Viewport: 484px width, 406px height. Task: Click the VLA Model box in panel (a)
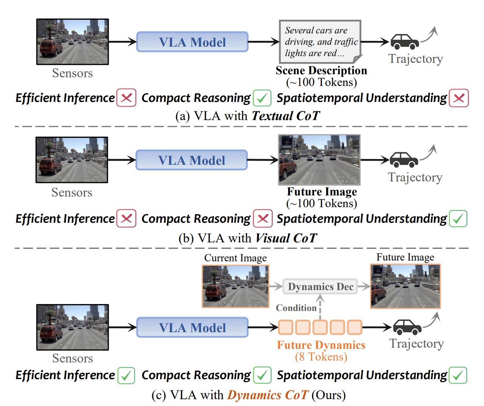(x=192, y=42)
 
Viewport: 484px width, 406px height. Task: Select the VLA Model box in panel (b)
(x=191, y=160)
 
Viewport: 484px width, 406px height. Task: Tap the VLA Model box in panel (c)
(x=192, y=328)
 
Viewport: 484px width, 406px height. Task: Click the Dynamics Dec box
(x=320, y=287)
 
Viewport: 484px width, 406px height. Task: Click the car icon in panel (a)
(x=404, y=42)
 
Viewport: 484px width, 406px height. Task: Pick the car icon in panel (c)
(x=407, y=327)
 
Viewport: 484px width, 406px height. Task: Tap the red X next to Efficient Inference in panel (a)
(x=126, y=98)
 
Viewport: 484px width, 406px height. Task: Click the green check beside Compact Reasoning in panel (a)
(x=262, y=98)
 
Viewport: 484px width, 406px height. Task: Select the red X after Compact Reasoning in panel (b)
(x=263, y=219)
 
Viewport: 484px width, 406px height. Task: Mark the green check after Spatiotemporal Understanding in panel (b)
(x=458, y=219)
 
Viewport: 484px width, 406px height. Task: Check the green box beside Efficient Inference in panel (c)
(x=126, y=375)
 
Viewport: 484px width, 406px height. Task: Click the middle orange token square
(x=320, y=327)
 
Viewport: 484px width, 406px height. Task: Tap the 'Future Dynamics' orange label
(x=321, y=345)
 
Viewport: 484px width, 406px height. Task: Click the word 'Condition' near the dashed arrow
(x=296, y=308)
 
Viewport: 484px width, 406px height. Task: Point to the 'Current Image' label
(x=235, y=258)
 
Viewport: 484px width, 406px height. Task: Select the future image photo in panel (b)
(x=319, y=160)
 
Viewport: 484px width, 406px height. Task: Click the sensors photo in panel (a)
(x=72, y=42)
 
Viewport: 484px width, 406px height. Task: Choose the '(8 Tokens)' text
(x=321, y=357)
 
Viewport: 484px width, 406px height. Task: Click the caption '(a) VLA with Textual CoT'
(x=248, y=116)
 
